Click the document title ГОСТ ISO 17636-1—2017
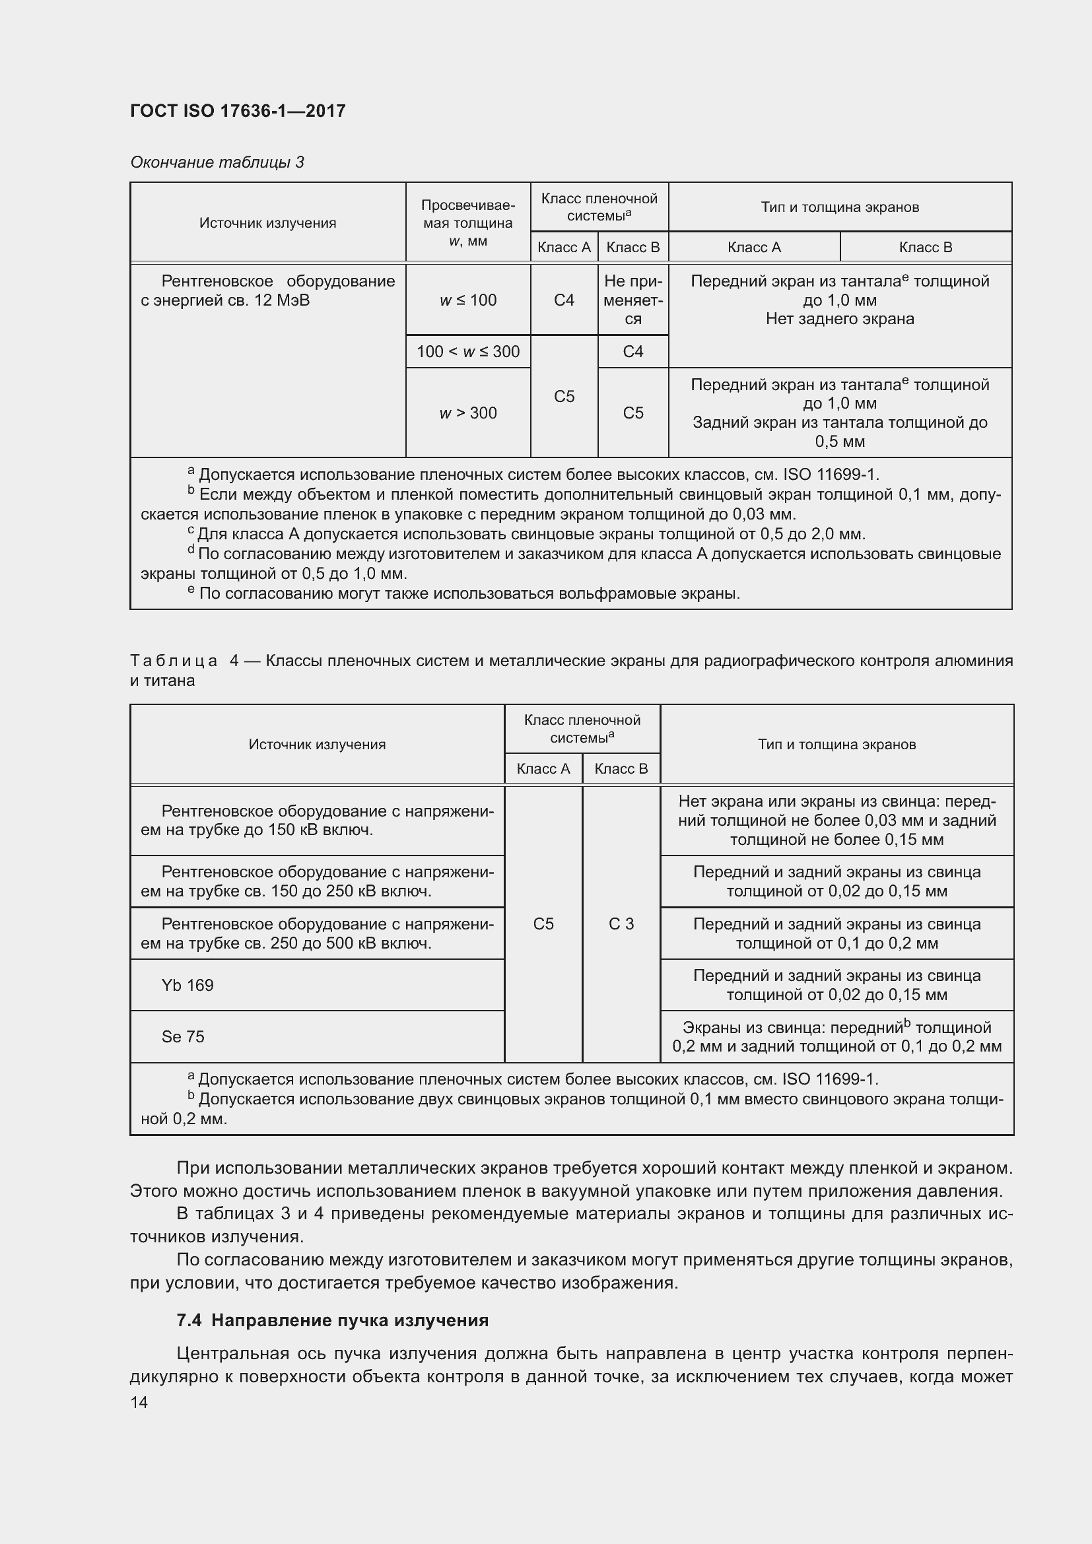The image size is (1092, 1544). pos(238,111)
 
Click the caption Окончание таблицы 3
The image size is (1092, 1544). pos(217,162)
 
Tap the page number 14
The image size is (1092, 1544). pos(139,1402)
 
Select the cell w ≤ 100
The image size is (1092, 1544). pos(468,300)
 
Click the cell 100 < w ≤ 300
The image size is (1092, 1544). pos(468,351)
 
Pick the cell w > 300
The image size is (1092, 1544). pos(468,412)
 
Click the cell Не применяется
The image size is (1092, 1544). pos(632,300)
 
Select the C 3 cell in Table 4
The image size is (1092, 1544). pos(621,924)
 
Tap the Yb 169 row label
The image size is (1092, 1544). pos(188,985)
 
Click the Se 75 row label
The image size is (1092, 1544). pos(183,1036)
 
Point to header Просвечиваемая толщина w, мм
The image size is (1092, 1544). pos(468,222)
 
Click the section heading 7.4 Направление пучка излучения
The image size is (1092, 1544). pos(332,1320)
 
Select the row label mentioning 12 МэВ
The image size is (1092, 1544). pos(267,290)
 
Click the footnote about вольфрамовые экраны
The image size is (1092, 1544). pos(464,594)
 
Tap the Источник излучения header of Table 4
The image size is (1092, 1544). pos(317,745)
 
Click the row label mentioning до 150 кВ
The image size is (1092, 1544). pos(317,821)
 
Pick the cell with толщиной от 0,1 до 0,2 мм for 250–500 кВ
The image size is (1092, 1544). pos(836,933)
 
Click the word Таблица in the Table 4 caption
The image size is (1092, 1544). pos(174,661)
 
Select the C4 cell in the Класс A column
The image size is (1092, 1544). pos(563,300)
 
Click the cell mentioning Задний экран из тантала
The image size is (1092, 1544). pos(839,412)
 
